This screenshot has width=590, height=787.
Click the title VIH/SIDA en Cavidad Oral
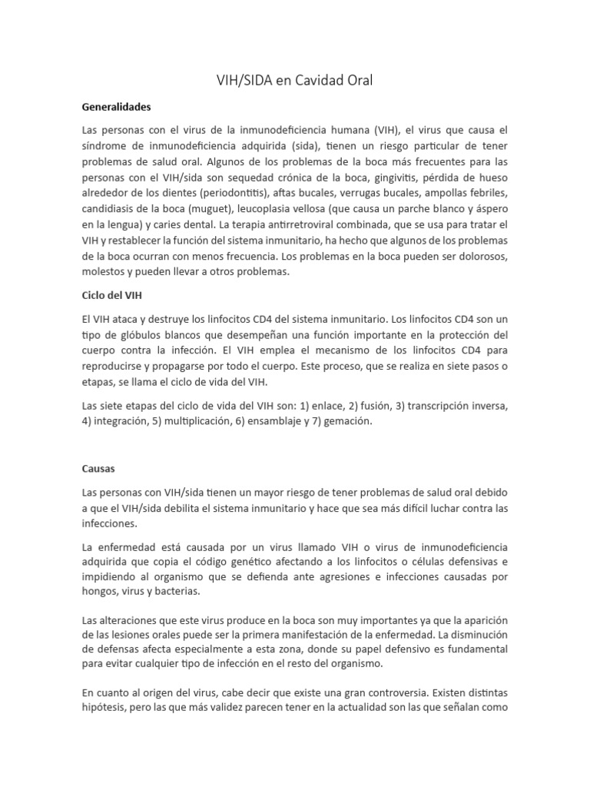coord(295,80)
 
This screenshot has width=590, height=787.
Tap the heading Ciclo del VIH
coord(112,294)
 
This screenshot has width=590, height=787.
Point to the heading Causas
coord(98,467)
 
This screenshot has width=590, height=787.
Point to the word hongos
coord(101,591)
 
